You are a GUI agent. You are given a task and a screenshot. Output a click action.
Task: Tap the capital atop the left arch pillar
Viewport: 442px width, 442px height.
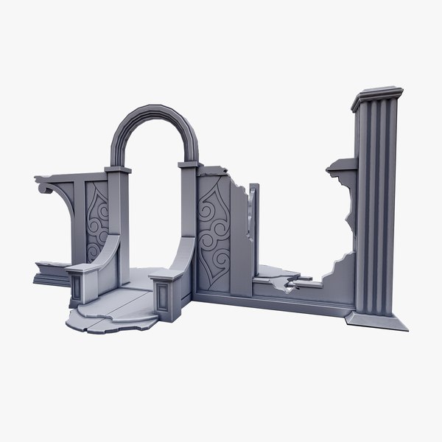coord(118,170)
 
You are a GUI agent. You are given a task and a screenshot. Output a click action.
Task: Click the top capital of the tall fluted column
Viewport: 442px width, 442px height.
coord(377,99)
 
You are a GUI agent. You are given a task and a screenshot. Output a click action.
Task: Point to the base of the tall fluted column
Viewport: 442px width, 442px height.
coord(378,321)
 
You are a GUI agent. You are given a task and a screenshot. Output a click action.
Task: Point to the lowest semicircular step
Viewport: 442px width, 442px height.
coord(103,323)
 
